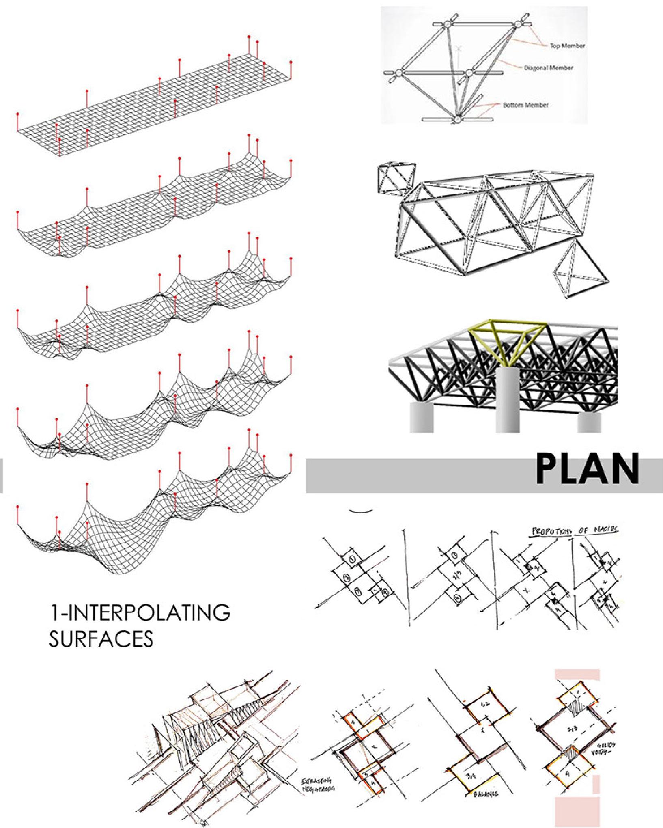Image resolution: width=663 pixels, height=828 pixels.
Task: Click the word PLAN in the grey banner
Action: (x=587, y=470)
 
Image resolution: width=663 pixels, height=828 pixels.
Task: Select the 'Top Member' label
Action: (x=567, y=46)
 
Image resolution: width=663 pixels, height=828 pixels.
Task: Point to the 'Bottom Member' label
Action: (x=525, y=105)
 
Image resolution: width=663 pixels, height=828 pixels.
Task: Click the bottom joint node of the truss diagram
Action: (x=457, y=120)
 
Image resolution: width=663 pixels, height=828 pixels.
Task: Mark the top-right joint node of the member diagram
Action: (x=518, y=25)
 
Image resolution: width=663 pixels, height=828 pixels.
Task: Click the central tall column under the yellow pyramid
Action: (x=508, y=400)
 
